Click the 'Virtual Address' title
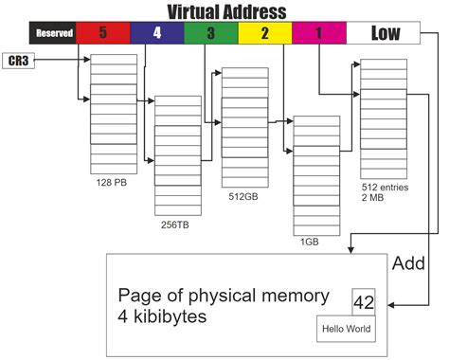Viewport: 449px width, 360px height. coord(226,11)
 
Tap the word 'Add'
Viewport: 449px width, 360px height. coord(408,262)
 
